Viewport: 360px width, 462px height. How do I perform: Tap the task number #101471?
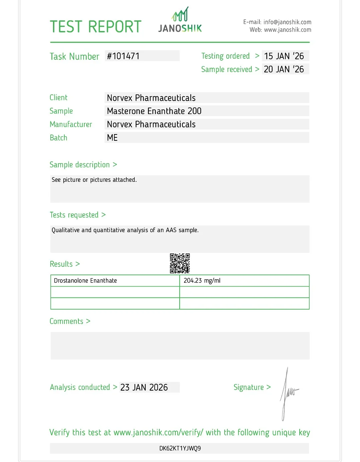click(123, 56)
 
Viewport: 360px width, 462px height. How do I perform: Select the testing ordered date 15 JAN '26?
click(284, 56)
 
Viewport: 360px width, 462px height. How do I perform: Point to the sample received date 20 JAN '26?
click(284, 69)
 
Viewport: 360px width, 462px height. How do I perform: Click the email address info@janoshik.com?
click(287, 22)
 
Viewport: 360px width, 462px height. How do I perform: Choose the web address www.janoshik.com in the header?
click(287, 30)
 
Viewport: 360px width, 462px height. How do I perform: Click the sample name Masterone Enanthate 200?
click(154, 111)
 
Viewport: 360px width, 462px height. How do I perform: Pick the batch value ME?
click(112, 138)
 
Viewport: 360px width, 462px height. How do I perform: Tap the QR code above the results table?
click(180, 264)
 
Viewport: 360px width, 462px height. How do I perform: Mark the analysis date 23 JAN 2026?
click(144, 387)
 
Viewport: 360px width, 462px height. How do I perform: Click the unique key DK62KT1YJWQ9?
click(180, 448)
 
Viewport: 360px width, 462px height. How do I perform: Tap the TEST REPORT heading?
click(96, 27)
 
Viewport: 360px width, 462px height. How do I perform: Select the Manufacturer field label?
click(71, 124)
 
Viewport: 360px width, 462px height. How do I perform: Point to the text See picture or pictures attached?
click(94, 180)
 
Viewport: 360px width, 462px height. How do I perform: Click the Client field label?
click(58, 98)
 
